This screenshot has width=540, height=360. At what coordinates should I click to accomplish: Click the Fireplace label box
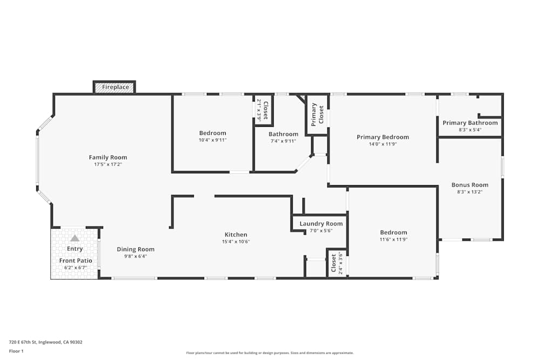(115, 87)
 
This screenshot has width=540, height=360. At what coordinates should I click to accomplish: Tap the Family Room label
(108, 158)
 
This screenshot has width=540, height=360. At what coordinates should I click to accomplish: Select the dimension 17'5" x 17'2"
(108, 164)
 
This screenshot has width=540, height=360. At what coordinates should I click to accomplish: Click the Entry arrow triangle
(75, 238)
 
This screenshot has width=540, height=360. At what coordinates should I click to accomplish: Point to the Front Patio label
(75, 261)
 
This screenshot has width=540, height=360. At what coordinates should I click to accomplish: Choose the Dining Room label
(136, 249)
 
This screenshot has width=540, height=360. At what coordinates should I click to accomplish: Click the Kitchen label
(236, 235)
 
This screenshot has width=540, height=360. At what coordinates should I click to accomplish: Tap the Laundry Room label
(321, 223)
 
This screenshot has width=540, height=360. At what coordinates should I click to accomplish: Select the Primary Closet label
(318, 114)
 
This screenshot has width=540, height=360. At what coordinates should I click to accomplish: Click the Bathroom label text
(283, 134)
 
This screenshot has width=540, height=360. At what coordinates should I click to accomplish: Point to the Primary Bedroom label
(383, 137)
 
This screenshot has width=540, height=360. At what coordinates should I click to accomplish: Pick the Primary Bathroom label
(470, 123)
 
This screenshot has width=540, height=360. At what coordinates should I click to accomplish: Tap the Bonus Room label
(470, 185)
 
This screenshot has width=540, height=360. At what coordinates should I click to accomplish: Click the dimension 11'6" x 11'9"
(393, 239)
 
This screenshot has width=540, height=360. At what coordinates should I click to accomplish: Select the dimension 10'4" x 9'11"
(213, 140)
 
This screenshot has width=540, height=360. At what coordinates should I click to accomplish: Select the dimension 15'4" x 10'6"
(236, 241)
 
